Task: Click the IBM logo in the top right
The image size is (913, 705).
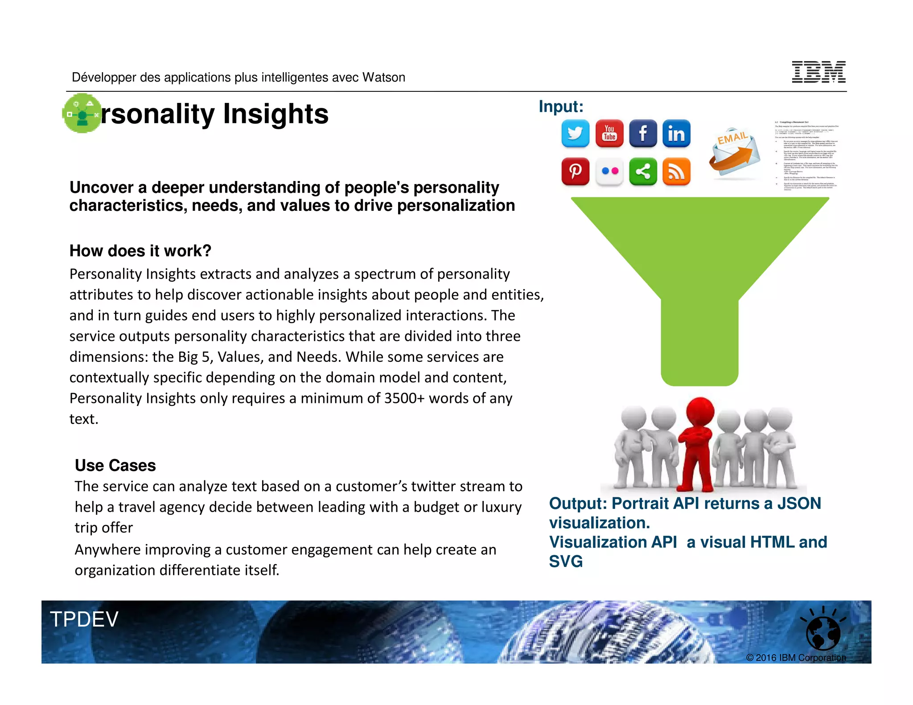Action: pyautogui.click(x=818, y=72)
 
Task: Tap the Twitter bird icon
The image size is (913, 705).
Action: pyautogui.click(x=575, y=133)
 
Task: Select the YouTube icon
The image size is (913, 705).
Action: pyautogui.click(x=609, y=133)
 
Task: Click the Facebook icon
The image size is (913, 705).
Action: pyautogui.click(x=643, y=133)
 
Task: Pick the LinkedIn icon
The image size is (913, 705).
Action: pyautogui.click(x=676, y=133)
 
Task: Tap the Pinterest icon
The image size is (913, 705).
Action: pyautogui.click(x=575, y=171)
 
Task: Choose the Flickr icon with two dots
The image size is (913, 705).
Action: pyautogui.click(x=609, y=171)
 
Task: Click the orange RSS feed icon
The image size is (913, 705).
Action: pyautogui.click(x=676, y=171)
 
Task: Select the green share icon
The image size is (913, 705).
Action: pyautogui.click(x=643, y=171)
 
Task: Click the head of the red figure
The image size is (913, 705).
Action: pyautogui.click(x=700, y=411)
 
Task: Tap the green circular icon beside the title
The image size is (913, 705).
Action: pyautogui.click(x=82, y=113)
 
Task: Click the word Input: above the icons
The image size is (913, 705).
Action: pyautogui.click(x=561, y=107)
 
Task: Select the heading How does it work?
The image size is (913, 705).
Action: pyautogui.click(x=140, y=251)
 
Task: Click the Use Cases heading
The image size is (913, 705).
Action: pyautogui.click(x=115, y=465)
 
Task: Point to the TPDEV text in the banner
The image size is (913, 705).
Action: pyautogui.click(x=84, y=619)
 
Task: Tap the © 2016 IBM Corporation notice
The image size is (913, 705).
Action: pyautogui.click(x=796, y=658)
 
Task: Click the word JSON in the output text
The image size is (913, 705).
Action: pyautogui.click(x=799, y=504)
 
